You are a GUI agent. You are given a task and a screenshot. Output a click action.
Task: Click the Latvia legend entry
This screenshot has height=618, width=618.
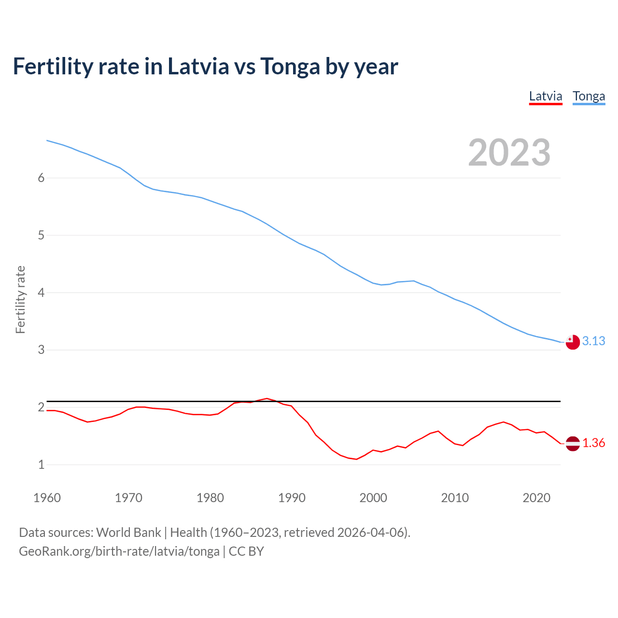click(x=546, y=96)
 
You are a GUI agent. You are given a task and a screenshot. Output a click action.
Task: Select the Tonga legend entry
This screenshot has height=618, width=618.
click(x=589, y=96)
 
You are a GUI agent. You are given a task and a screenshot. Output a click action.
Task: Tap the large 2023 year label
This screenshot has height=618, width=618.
click(x=509, y=153)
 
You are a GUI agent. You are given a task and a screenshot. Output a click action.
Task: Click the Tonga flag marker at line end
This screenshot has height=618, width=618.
click(x=572, y=342)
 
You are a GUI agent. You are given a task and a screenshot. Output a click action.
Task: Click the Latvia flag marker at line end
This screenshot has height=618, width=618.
click(x=572, y=443)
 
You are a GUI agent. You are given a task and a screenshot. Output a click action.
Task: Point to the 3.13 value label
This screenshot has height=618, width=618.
click(x=593, y=341)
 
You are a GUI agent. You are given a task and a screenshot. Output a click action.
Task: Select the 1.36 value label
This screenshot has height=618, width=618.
click(x=593, y=443)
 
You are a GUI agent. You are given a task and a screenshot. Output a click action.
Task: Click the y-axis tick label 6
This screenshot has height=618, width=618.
click(x=41, y=178)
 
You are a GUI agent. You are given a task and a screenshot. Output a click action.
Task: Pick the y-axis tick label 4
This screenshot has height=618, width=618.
click(x=41, y=293)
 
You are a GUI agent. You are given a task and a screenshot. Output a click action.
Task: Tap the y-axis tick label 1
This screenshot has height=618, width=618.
click(x=41, y=464)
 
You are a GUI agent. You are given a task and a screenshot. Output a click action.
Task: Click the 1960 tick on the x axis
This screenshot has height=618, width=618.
click(x=47, y=498)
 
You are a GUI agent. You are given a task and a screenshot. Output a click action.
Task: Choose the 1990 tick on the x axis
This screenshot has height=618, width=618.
click(x=292, y=498)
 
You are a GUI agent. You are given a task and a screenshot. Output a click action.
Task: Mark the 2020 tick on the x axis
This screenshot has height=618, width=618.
click(x=536, y=498)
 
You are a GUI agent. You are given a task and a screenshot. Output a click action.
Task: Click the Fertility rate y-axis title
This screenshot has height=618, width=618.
click(x=20, y=299)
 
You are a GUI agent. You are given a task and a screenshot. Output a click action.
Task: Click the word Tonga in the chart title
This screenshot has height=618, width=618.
click(x=290, y=67)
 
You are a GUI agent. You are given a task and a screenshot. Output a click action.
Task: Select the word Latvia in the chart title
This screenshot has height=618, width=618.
click(x=198, y=66)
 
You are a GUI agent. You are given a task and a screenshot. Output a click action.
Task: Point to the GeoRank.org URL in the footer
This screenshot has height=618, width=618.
click(x=119, y=551)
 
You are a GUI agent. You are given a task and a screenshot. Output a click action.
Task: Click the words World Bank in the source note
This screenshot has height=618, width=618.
click(x=128, y=533)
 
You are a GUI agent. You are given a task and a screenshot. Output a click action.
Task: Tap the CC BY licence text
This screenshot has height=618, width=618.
click(x=246, y=551)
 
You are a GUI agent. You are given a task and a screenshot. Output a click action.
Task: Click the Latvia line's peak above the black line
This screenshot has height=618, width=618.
click(x=267, y=398)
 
